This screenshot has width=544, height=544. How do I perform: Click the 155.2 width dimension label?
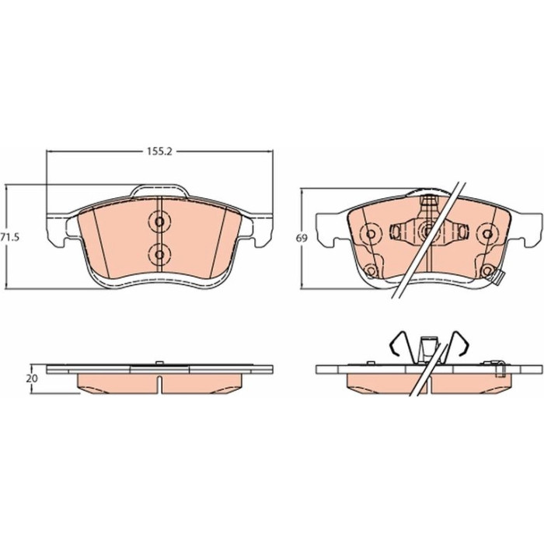(x=159, y=152)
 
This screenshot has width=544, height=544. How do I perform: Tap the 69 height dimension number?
(x=302, y=239)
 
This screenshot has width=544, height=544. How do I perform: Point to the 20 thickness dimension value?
(x=32, y=379)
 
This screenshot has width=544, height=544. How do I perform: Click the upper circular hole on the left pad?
(x=159, y=221)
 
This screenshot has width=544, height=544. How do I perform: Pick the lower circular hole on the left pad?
(x=159, y=255)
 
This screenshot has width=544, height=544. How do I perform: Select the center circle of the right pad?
(x=428, y=230)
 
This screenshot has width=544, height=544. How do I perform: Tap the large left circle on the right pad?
(x=371, y=234)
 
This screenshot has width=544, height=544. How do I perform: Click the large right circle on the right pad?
(x=487, y=234)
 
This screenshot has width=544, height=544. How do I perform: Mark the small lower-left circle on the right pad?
(x=371, y=270)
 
